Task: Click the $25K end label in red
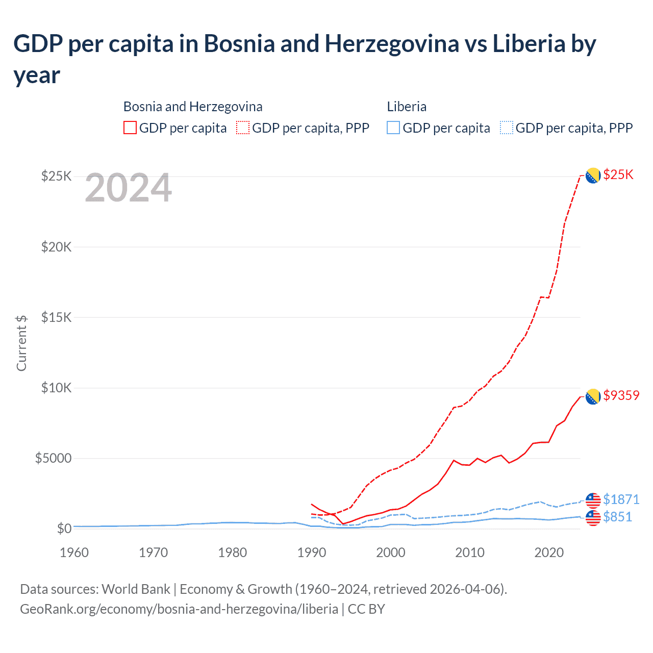618,175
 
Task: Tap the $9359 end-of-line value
621,396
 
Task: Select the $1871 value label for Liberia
621,499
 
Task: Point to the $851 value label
617,517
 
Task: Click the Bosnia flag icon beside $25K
593,175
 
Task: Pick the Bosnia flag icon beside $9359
593,396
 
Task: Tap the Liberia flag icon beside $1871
593,500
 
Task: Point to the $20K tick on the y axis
56,247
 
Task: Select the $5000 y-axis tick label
53,459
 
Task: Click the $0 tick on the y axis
64,529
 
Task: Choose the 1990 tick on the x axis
312,553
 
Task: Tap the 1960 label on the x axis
74,553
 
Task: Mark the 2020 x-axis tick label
549,553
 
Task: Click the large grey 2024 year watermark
128,188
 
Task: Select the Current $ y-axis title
21,343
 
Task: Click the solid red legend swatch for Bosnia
130,128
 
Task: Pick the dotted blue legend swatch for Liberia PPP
507,128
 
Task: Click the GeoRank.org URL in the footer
179,609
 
